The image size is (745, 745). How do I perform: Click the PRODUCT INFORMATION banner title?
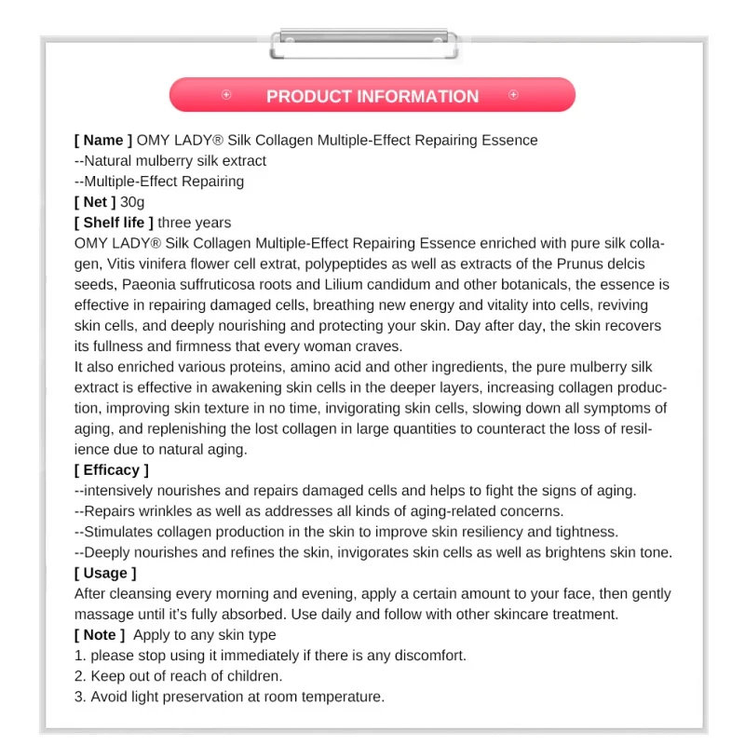[x=372, y=97]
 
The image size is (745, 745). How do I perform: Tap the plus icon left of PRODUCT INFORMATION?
[x=226, y=95]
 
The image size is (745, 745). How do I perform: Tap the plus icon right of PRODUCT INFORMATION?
[x=513, y=95]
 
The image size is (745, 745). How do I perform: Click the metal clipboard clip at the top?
[x=364, y=41]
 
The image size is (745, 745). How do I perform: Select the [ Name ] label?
[x=102, y=141]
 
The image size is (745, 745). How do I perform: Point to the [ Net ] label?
[x=95, y=202]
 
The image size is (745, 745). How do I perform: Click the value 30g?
[x=132, y=202]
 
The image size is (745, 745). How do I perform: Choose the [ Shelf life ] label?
[x=114, y=223]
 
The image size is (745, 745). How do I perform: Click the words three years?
[x=195, y=223]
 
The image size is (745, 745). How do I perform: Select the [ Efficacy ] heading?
[x=111, y=470]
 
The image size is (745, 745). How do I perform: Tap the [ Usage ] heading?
[x=105, y=574]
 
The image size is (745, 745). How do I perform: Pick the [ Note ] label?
[x=100, y=635]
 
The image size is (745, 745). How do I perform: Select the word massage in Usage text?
[x=102, y=615]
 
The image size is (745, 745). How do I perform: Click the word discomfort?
[x=427, y=656]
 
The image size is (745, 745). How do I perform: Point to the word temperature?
[x=342, y=697]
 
